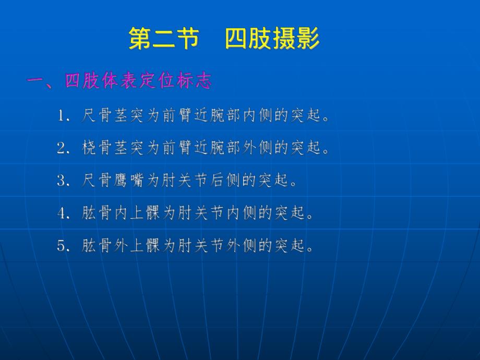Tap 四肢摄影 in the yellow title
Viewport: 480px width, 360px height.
tap(272, 40)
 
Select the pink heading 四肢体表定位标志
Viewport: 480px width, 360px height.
tap(138, 81)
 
